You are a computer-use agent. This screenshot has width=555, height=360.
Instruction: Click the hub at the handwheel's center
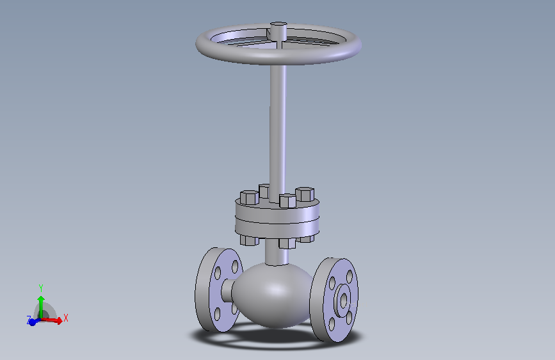pos(278,30)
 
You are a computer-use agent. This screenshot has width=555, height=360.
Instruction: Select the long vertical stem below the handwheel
pos(278,128)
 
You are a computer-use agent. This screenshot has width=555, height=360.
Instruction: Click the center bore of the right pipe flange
pos(343,299)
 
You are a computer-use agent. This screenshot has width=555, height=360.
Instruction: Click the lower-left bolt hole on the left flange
pos(217,313)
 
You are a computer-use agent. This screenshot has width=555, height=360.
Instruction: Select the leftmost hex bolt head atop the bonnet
pos(248,197)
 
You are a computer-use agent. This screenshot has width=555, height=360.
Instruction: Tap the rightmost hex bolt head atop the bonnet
pos(305,193)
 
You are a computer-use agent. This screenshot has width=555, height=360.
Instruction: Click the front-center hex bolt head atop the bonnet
pos(288,200)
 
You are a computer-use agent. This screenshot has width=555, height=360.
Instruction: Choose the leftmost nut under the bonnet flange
pos(248,240)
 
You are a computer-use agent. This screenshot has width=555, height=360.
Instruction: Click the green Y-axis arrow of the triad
pos(41,305)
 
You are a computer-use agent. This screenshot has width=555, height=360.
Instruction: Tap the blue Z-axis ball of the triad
pos(32,322)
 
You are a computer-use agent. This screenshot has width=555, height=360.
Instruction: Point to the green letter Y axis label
pos(40,288)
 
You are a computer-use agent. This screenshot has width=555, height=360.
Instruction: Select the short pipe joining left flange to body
pos(227,291)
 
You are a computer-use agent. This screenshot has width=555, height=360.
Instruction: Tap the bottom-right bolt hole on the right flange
pos(349,316)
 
